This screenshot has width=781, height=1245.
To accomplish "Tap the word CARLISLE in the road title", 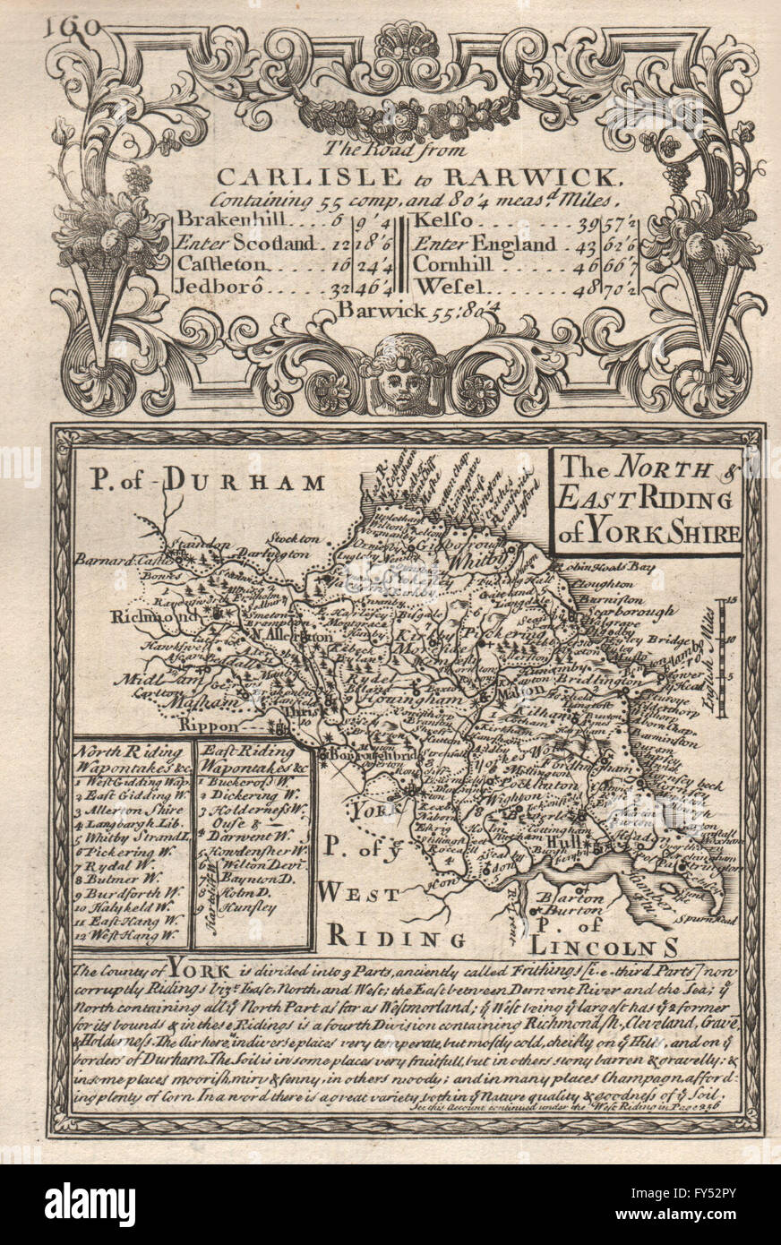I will pos(268,176).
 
